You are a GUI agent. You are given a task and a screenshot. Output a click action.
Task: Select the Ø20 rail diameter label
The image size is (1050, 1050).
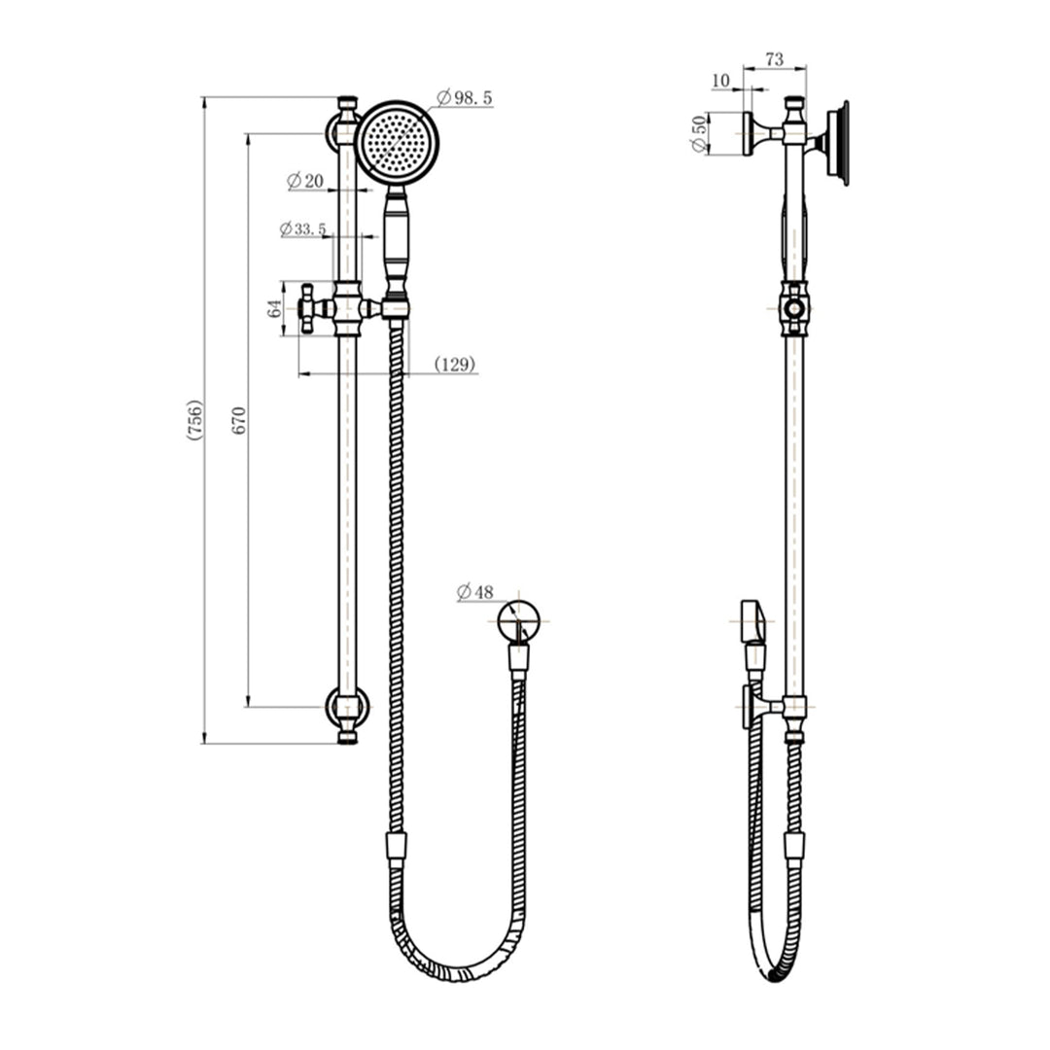pos(305,181)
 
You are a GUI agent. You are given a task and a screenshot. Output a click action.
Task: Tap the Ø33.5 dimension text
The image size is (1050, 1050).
pos(302,229)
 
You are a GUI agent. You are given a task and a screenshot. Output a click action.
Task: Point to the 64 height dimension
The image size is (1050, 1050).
pos(275,308)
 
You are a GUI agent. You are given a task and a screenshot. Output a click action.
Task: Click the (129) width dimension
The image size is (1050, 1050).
pos(454,365)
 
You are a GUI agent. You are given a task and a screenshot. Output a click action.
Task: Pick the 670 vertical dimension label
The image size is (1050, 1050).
pos(240,420)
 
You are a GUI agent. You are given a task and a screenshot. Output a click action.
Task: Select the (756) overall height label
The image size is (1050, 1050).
pos(195,420)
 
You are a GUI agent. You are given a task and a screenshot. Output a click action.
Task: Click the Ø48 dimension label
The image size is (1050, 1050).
pos(474,591)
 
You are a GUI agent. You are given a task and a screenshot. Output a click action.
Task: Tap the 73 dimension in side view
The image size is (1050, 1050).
pos(775,60)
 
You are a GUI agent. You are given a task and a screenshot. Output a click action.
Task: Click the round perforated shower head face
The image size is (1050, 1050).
pos(398,143)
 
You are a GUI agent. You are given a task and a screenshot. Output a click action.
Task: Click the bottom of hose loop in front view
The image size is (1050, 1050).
pos(457,971)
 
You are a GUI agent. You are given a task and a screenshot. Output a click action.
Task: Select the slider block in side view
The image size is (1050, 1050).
pos(794,309)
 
